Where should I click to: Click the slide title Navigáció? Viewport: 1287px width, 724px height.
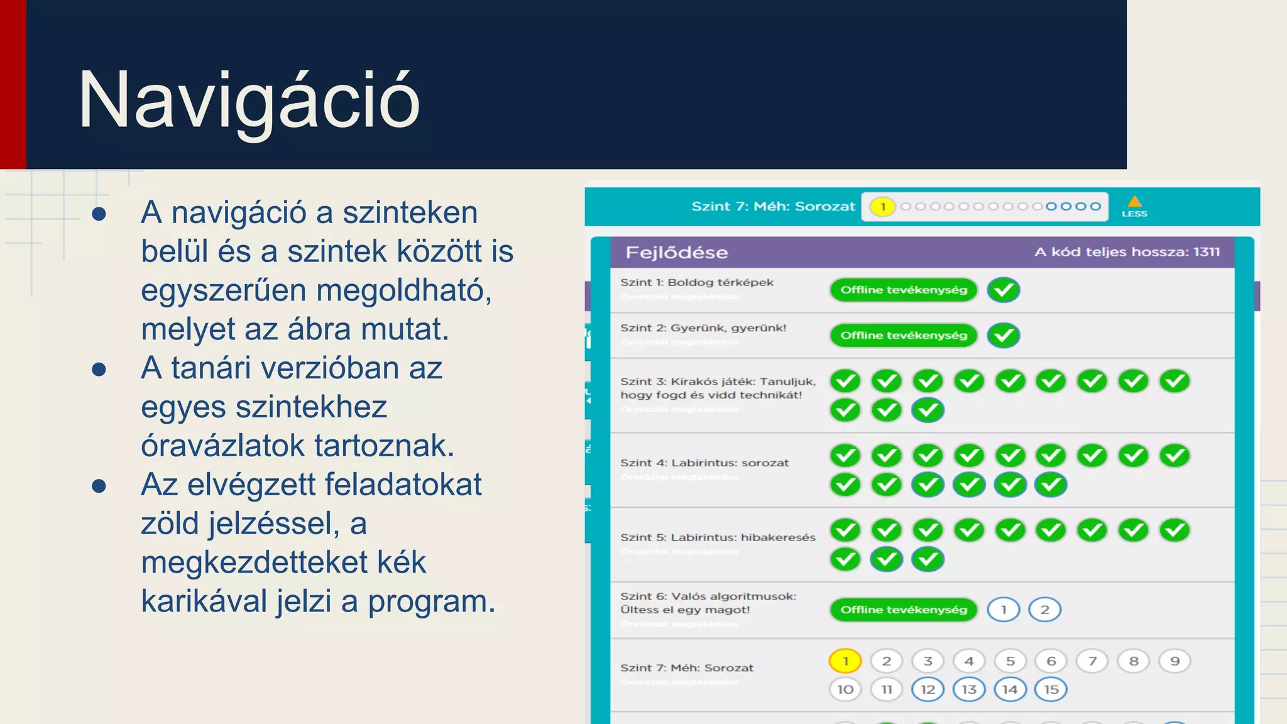point(249,101)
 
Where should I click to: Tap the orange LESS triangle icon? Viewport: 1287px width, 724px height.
point(1134,202)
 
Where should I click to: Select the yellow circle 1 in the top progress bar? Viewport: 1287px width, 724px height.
point(882,207)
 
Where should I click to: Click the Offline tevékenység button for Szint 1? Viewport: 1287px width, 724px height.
point(904,290)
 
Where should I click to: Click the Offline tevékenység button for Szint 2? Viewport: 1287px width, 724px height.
point(904,336)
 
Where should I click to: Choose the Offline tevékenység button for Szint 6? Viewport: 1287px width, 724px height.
point(904,610)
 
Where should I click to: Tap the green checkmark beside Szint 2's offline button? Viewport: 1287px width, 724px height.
point(1003,336)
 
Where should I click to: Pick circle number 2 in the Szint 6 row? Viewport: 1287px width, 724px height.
point(1044,610)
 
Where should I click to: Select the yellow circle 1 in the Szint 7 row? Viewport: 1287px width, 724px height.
point(845,661)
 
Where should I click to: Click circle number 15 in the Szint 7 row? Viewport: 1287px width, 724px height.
point(1051,689)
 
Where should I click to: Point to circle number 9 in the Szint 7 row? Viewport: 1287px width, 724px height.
point(1175,661)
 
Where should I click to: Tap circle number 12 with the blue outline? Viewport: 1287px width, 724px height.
point(928,689)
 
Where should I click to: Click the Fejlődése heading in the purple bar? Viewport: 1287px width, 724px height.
point(677,253)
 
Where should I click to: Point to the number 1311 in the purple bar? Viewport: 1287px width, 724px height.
point(1206,252)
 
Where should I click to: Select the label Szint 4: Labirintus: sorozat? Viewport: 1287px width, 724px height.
point(704,463)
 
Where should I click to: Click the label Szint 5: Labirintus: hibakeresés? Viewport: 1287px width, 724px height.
point(718,537)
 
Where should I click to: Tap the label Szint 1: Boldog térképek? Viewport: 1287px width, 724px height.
point(696,283)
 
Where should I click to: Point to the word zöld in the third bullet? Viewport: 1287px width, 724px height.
point(170,524)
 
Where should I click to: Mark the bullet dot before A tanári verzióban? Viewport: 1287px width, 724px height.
point(99,369)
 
